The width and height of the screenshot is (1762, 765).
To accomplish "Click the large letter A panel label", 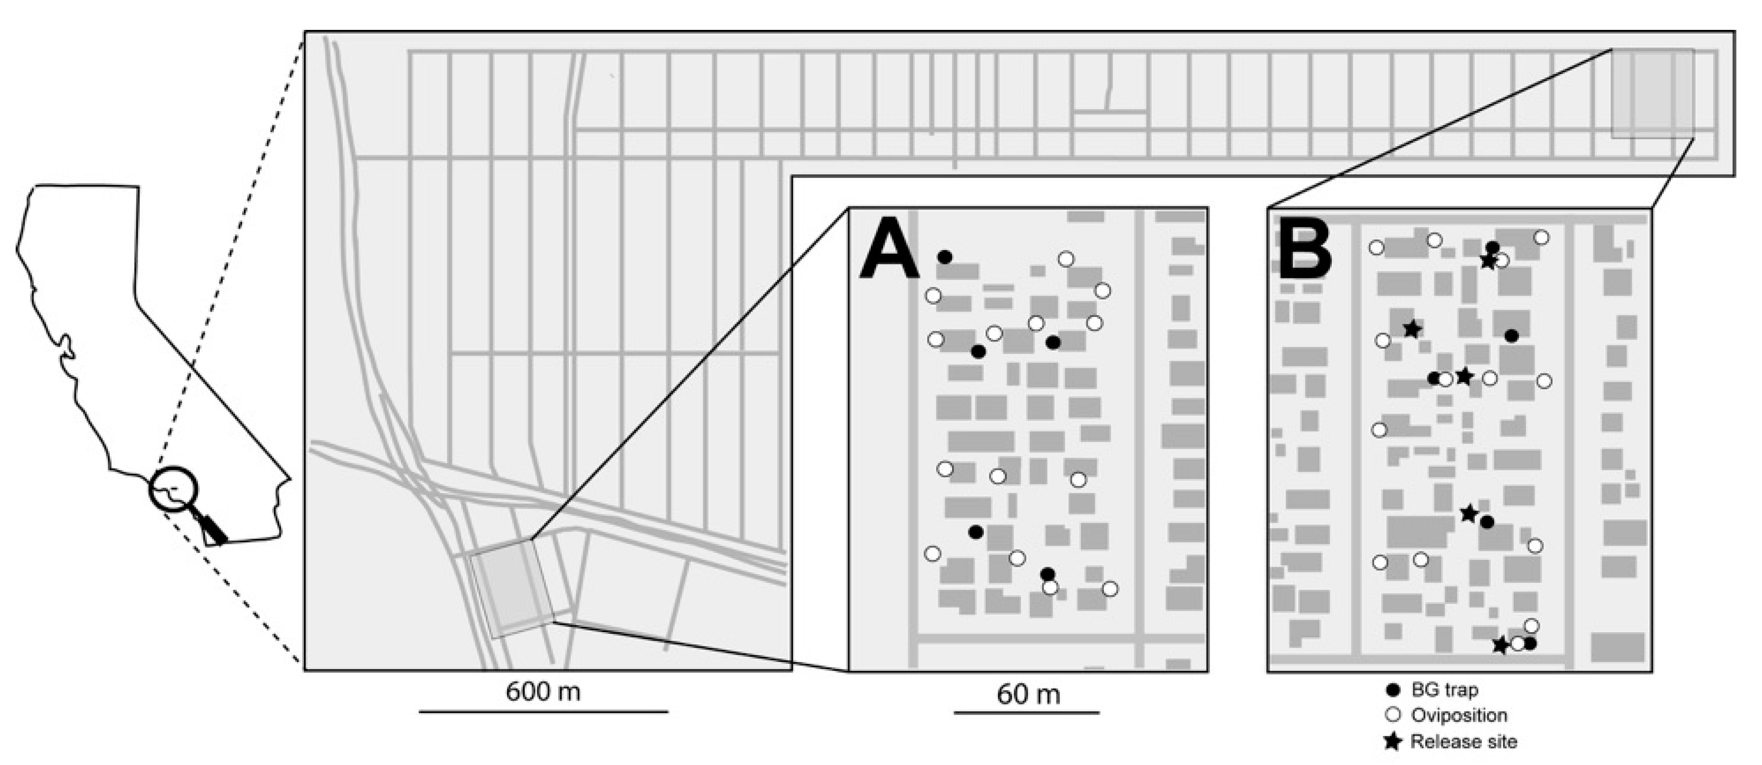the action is [x=888, y=252].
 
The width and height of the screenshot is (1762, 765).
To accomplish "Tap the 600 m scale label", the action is [x=543, y=692].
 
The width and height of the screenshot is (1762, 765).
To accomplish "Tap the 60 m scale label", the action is [x=1028, y=695].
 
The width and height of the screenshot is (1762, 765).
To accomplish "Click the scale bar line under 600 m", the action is [x=544, y=712].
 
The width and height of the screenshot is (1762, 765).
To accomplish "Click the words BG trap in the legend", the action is [x=1445, y=690].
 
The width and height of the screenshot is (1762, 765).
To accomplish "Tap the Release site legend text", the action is [x=1464, y=741].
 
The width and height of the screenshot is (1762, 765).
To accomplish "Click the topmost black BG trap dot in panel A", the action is [x=944, y=257].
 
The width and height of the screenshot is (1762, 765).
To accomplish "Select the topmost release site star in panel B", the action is [x=1487, y=261].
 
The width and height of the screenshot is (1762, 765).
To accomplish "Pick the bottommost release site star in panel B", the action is [x=1501, y=644].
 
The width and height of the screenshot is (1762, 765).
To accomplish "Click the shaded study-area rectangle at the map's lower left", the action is [x=512, y=588].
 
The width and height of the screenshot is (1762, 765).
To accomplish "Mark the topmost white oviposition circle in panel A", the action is [x=1065, y=259].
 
